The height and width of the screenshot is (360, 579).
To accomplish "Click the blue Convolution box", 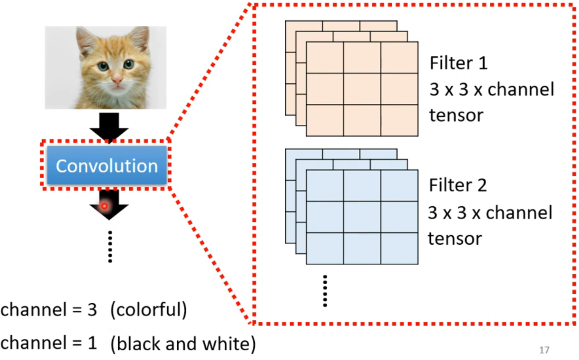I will coord(107,165).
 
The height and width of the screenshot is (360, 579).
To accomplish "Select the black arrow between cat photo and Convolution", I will coord(109,126).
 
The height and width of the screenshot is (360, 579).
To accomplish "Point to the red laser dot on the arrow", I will coord(104,206).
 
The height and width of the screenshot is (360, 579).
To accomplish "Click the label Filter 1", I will coord(458,63).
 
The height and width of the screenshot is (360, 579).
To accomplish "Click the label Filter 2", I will coord(458,185).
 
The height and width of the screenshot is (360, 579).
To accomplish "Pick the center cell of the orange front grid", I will coord(362,89).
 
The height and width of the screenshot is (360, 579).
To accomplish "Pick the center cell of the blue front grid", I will coord(362,217).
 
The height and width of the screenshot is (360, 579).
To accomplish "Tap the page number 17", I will coord(544,350).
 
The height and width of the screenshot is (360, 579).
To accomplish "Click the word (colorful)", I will coord(149,309).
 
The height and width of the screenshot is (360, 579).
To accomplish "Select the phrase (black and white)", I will coord(183,343).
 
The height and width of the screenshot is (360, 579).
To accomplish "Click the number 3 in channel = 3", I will coord(92,310).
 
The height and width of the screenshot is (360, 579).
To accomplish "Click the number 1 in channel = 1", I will coord(92,343).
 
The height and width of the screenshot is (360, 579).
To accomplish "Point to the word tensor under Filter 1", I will coord(456,115).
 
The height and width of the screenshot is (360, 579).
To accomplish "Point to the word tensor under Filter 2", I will coord(455,239).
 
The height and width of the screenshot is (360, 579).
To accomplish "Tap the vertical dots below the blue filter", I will coord(325,291).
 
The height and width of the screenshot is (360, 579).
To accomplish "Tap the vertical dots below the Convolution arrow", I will coord(110,247).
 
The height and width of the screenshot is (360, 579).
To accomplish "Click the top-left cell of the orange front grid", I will coord(325,58).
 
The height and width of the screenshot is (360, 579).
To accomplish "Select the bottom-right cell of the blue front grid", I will coord(399,248).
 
